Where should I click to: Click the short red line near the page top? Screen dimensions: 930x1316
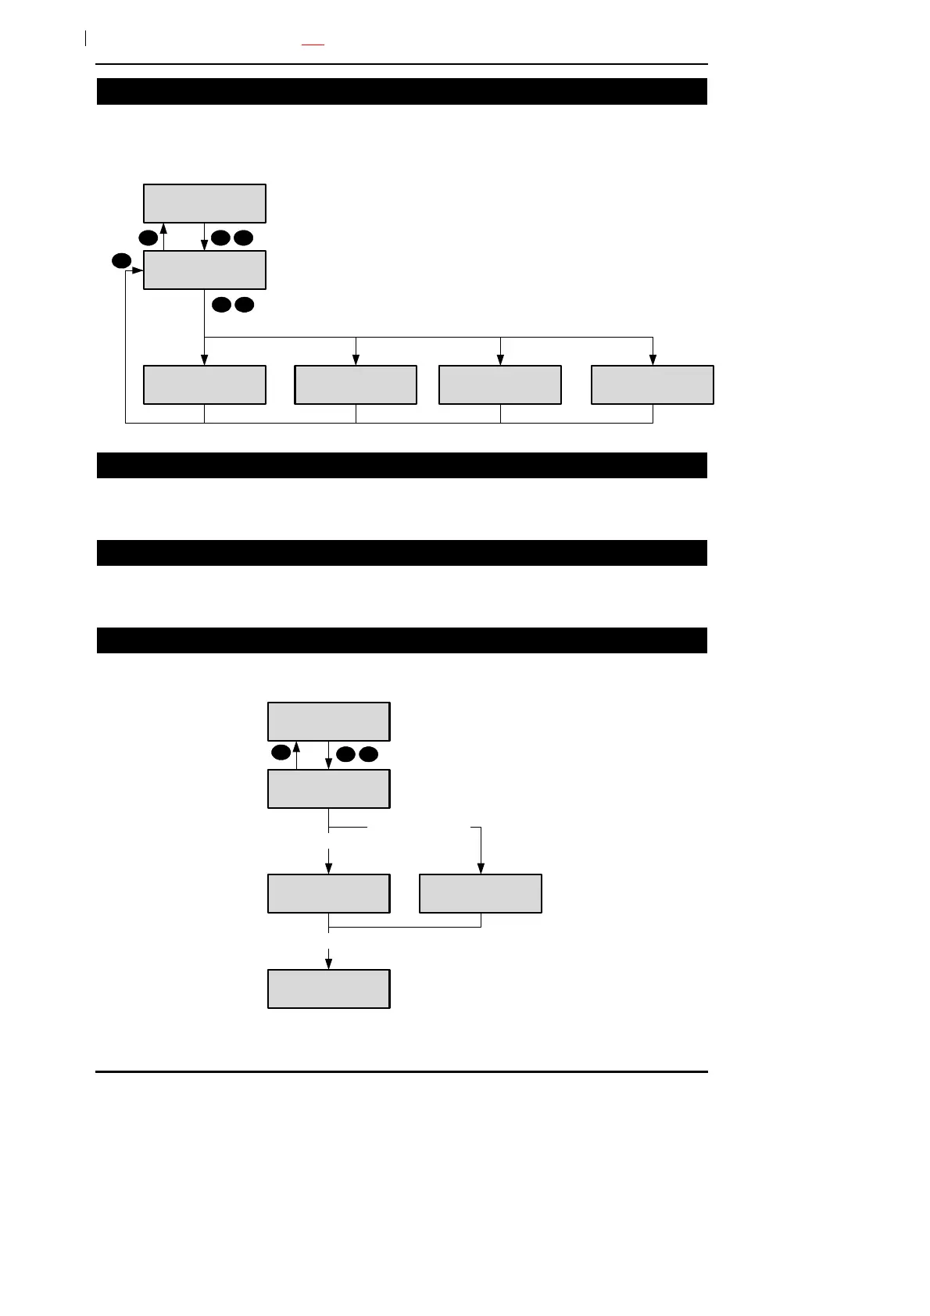(x=313, y=45)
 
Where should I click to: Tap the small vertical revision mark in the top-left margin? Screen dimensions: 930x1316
(x=84, y=38)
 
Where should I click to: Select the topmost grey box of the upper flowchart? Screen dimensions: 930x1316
(x=205, y=203)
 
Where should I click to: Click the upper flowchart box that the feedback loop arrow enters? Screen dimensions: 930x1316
(x=205, y=270)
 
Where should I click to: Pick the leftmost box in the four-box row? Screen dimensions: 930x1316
(x=205, y=384)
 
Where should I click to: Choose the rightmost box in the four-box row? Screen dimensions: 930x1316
(x=652, y=384)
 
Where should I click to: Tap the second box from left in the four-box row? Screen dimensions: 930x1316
(x=356, y=384)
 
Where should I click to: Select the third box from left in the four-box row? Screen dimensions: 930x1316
(x=500, y=384)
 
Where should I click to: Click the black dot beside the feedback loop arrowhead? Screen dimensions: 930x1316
(x=120, y=261)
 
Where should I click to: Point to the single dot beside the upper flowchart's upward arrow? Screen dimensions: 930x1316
(x=148, y=237)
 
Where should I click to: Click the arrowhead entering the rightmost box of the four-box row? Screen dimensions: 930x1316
(x=653, y=360)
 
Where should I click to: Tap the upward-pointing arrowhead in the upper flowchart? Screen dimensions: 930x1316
(x=164, y=228)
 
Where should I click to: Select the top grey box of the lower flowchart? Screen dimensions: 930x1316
(x=329, y=721)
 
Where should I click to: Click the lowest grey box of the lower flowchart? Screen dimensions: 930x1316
(x=329, y=989)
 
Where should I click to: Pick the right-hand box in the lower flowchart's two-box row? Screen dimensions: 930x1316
(x=481, y=893)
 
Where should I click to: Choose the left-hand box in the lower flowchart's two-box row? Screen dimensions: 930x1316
(x=329, y=893)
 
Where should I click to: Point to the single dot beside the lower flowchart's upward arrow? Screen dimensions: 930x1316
(x=281, y=753)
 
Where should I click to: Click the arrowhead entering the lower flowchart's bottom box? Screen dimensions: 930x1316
(x=329, y=964)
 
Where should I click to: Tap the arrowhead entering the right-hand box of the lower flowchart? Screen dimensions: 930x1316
(x=481, y=869)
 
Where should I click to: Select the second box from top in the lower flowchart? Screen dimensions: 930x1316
(x=329, y=789)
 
